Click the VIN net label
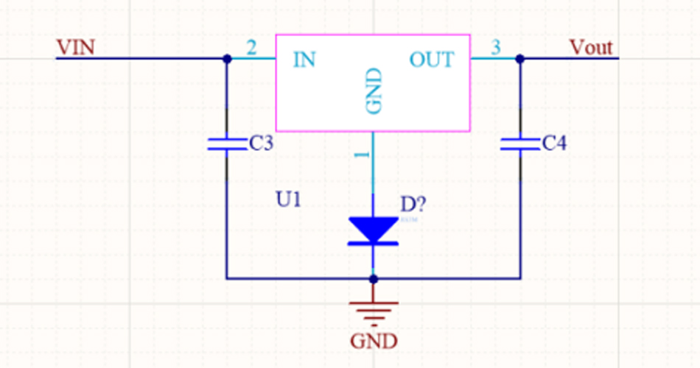tap(75, 48)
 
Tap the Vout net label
tap(590, 48)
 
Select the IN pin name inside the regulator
tap(304, 60)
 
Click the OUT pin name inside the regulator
tap(432, 60)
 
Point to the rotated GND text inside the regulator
tap(374, 91)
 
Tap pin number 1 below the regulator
tap(361, 156)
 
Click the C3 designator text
tap(261, 144)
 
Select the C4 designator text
tap(554, 144)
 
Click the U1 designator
tap(288, 199)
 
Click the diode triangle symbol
tap(374, 230)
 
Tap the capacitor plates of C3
tap(227, 144)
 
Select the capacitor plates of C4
tap(520, 144)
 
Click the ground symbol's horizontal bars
tap(374, 311)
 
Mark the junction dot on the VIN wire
tap(227, 58)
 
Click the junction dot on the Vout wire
tap(520, 58)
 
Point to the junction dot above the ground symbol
tap(374, 279)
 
